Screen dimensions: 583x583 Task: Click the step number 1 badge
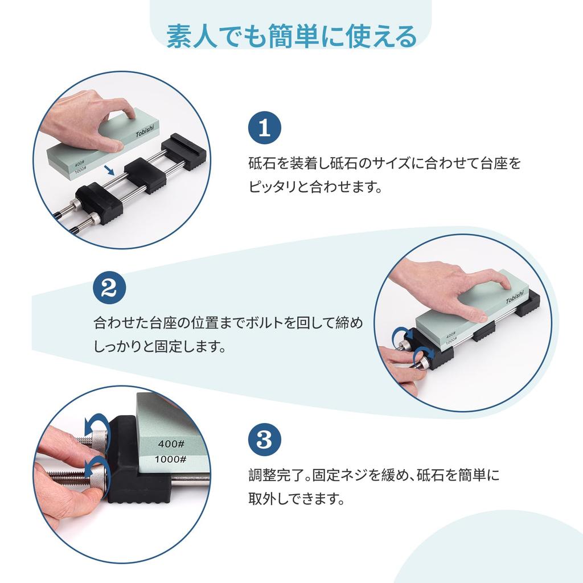pos(264,128)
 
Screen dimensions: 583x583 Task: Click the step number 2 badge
pos(109,288)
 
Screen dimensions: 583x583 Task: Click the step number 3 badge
pos(264,440)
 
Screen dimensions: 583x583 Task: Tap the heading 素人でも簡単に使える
pos(291,36)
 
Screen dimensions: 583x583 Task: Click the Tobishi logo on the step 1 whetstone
pos(145,130)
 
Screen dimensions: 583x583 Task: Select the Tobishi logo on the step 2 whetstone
pos(515,297)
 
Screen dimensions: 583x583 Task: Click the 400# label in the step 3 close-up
pos(171,444)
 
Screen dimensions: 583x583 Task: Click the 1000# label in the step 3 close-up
pos(171,459)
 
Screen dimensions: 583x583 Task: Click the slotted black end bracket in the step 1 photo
pos(184,151)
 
